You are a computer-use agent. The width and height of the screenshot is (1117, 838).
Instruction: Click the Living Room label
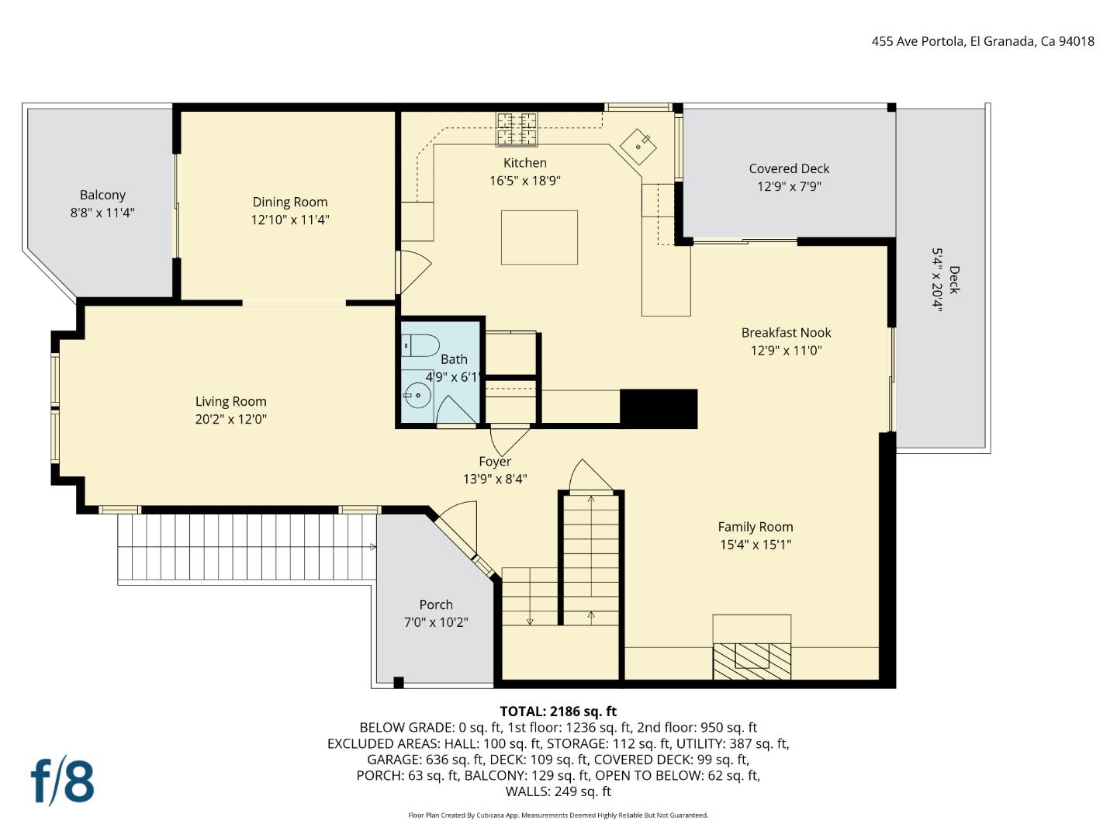tap(230, 401)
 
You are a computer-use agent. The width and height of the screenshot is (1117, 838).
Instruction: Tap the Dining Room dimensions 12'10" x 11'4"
tap(289, 220)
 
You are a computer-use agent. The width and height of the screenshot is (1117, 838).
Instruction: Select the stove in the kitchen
tap(517, 129)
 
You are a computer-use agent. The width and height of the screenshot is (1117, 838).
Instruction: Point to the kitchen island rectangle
tap(539, 237)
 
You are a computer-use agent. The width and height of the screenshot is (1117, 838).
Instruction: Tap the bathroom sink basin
tap(417, 395)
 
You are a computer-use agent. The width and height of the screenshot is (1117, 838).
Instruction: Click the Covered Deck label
tap(789, 168)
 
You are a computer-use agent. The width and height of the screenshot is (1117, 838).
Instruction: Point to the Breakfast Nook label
tap(786, 332)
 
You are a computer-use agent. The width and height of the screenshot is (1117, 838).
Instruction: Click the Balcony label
tap(102, 195)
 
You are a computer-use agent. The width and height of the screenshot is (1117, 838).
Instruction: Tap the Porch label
tap(436, 604)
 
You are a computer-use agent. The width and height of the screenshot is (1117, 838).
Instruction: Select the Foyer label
tap(495, 461)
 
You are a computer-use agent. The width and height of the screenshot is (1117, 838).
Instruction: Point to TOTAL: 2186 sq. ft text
tap(558, 711)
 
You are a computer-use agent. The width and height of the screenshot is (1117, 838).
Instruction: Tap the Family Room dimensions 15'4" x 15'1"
tap(755, 545)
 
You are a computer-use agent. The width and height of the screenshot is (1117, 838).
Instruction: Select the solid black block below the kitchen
tap(659, 409)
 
